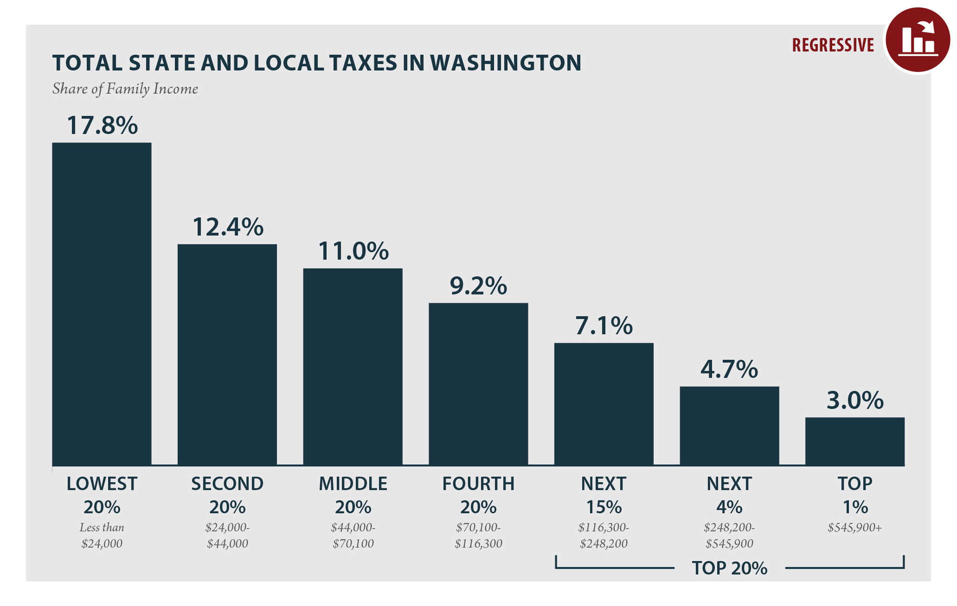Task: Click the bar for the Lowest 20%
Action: [101, 304]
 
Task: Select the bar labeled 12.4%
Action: [227, 355]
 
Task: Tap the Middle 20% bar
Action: [353, 367]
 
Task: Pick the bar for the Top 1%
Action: [855, 441]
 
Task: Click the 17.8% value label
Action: [102, 125]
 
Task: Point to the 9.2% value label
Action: [478, 286]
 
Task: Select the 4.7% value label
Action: [729, 369]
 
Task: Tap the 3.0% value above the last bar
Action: [855, 401]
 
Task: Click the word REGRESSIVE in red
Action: [833, 45]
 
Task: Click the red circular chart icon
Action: [917, 40]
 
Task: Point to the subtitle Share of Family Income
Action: [125, 89]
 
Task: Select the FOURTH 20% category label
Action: [478, 495]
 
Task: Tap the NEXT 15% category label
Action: [603, 495]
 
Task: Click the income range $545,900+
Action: [855, 528]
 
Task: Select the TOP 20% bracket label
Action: [729, 568]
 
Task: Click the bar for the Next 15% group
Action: [603, 404]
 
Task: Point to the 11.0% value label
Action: [353, 251]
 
